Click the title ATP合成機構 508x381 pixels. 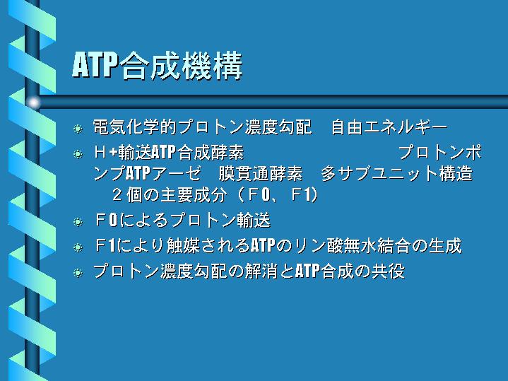click(x=157, y=66)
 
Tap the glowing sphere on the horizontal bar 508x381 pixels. click(x=33, y=102)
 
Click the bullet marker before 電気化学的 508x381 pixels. click(x=78, y=129)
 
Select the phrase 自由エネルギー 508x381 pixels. click(x=389, y=127)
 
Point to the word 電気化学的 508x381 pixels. click(x=135, y=127)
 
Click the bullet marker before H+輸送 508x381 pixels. click(x=78, y=153)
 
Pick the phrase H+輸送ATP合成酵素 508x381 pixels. click(x=169, y=152)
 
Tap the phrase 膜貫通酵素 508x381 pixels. click(x=261, y=173)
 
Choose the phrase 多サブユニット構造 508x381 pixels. click(x=397, y=173)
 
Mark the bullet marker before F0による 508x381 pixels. click(x=78, y=222)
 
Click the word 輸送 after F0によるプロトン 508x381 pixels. click(x=254, y=221)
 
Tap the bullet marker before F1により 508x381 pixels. click(x=78, y=247)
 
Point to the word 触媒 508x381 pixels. click(x=183, y=246)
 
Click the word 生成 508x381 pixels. click(x=445, y=246)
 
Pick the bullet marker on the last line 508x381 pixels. click(x=78, y=273)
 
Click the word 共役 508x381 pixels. click(x=388, y=271)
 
